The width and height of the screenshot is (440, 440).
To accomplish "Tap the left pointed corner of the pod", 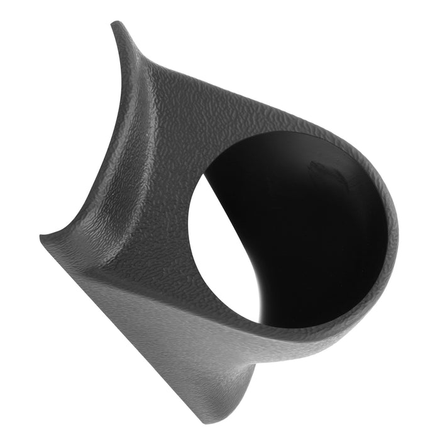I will click(x=42, y=238).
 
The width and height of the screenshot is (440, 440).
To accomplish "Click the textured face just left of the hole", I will click(x=170, y=207).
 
